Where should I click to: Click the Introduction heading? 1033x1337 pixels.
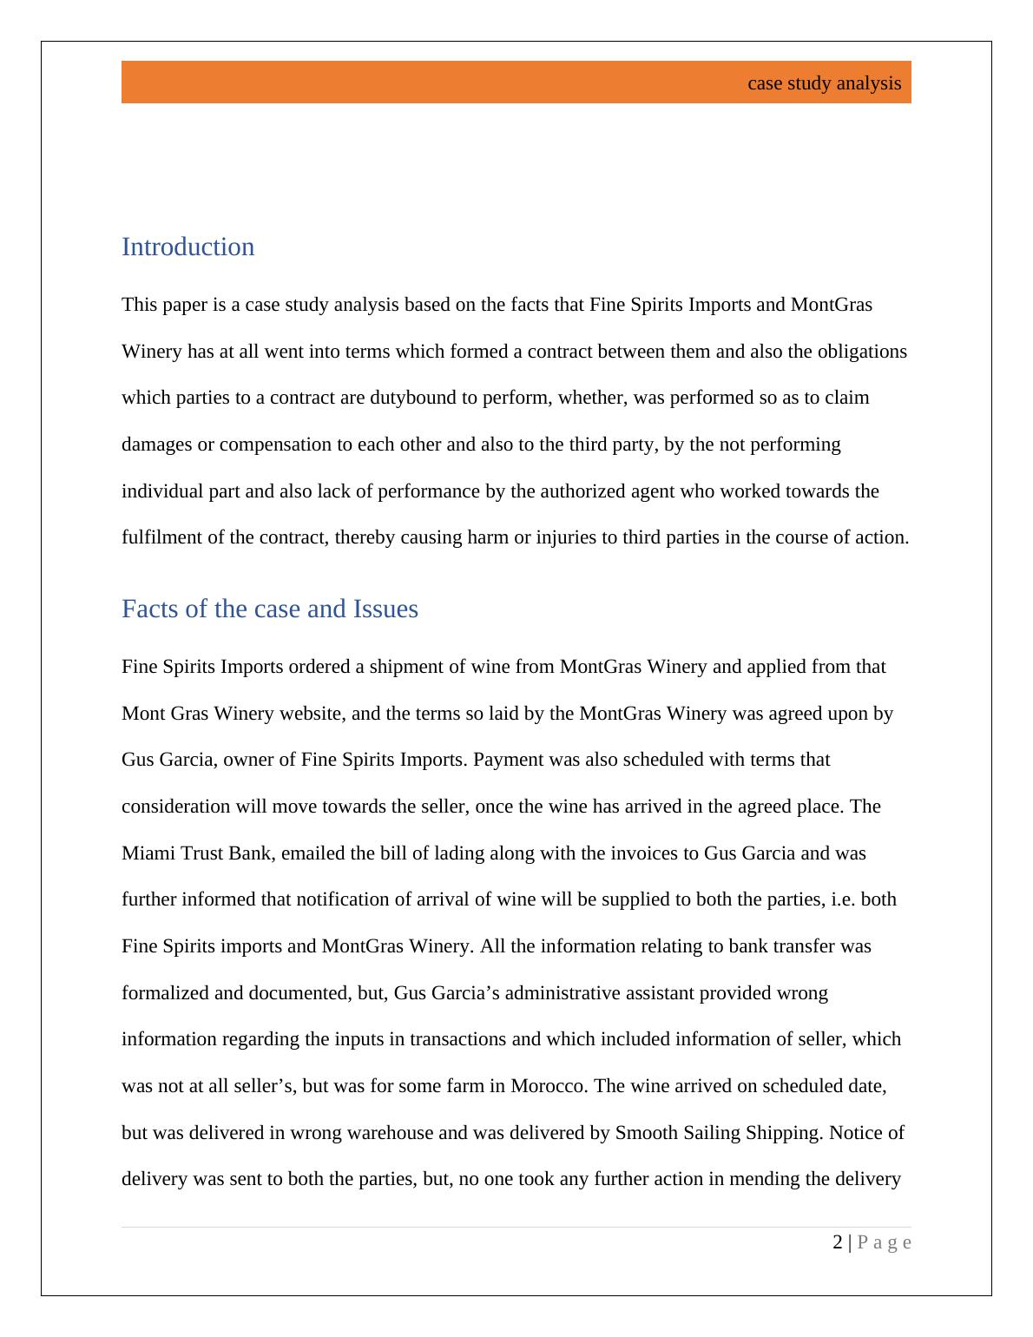click(x=188, y=247)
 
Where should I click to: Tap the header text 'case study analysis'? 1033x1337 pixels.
click(x=824, y=83)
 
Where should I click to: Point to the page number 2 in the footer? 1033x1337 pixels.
click(x=837, y=1242)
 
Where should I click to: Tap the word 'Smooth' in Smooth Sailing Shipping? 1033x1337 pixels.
click(x=645, y=1133)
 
